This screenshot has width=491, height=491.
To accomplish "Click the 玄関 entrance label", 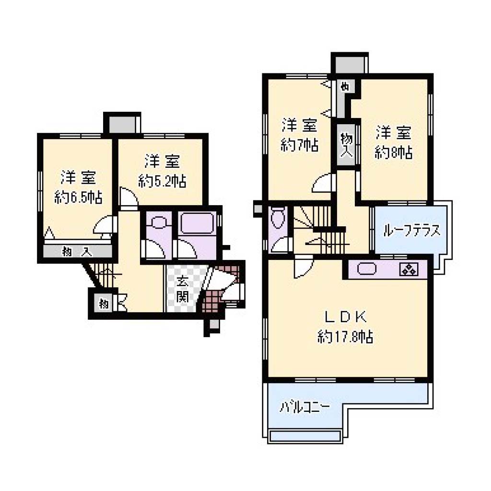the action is pos(182,289).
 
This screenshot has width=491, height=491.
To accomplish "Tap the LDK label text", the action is pos(346,318).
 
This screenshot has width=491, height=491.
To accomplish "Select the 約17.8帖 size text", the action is pos(345,337).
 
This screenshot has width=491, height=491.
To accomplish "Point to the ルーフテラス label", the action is pos(411,231).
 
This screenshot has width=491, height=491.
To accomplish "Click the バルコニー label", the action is pos(304,408).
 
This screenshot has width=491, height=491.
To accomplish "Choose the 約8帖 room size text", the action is pos(394,152).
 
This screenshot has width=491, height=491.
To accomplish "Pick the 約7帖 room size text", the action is pos(300,145).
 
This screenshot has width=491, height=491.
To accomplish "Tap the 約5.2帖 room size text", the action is pos(162,181).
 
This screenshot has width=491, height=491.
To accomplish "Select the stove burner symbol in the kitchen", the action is pos(409,269).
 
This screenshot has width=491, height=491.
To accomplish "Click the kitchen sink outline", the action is pos(366,269).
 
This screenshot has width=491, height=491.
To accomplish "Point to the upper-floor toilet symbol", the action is pos(278,218).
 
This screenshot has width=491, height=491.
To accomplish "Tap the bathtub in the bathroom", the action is pos(197,222).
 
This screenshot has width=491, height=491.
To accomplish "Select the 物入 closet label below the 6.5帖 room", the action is pos(77,251).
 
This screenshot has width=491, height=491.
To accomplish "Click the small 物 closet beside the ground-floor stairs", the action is pos(104,304).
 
